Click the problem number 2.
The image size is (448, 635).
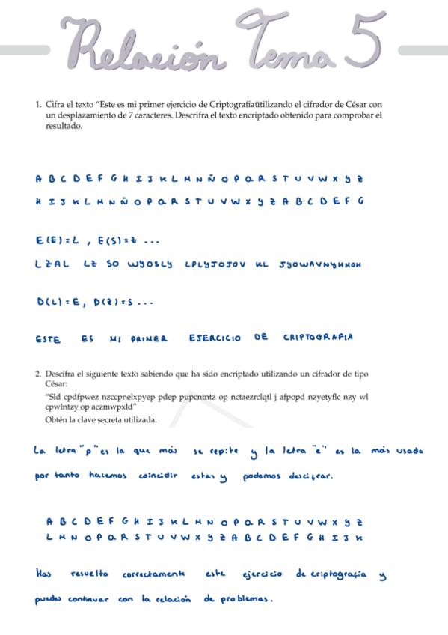coord(37,373)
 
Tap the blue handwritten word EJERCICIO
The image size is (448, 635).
coord(215,338)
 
